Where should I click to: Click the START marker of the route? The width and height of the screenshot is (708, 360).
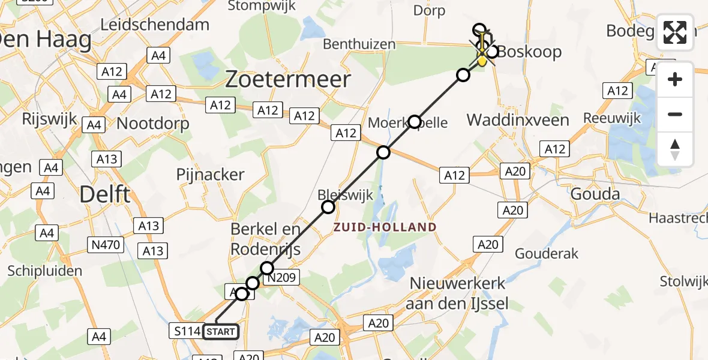[221, 331]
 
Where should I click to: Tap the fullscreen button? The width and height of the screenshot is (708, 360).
[675, 32]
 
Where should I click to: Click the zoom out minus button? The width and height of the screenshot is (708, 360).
[675, 114]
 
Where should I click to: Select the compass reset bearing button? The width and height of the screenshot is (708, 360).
[675, 149]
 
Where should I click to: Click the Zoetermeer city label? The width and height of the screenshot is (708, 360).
[288, 79]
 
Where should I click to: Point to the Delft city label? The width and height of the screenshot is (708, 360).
[105, 194]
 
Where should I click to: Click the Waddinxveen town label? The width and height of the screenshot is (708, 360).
[518, 120]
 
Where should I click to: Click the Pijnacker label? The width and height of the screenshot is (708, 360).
[210, 175]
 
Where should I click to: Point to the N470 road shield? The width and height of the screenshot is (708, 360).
[107, 244]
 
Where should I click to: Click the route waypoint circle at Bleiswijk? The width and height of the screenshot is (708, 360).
[328, 208]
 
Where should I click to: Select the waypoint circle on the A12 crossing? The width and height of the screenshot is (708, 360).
[383, 152]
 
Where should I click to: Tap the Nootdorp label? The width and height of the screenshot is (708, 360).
[153, 124]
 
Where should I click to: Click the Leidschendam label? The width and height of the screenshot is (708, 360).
[155, 25]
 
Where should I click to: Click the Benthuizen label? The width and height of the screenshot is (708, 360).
[359, 44]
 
